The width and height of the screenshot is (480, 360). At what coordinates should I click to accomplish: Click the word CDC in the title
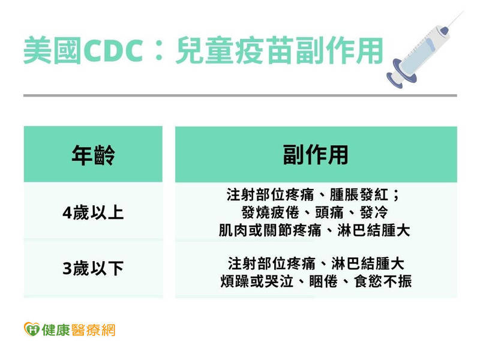pyautogui.click(x=113, y=51)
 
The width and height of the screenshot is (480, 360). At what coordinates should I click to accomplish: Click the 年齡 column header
pyautogui.click(x=92, y=155)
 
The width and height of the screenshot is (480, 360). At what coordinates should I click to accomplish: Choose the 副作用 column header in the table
pyautogui.click(x=316, y=155)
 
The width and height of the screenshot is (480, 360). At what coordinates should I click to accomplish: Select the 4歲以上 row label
pyautogui.click(x=92, y=212)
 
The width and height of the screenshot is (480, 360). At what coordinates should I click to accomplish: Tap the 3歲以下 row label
pyautogui.click(x=92, y=269)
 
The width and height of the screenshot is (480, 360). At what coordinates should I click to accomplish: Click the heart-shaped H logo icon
pyautogui.click(x=31, y=329)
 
